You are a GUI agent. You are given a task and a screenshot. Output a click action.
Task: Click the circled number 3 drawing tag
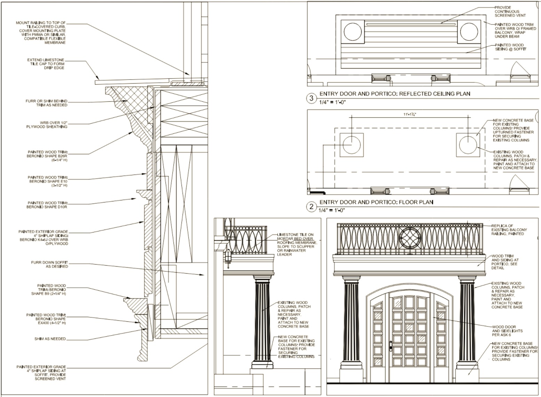pyautogui.click(x=311, y=98)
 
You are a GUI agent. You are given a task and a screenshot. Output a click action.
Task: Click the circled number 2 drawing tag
pyautogui.click(x=311, y=207)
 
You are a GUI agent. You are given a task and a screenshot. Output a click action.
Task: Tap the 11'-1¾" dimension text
pyautogui.click(x=410, y=114)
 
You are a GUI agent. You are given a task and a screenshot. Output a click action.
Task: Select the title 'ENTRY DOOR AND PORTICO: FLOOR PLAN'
pyautogui.click(x=376, y=202)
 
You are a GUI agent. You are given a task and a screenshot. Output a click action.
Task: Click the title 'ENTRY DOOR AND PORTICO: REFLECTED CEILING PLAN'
pyautogui.click(x=395, y=94)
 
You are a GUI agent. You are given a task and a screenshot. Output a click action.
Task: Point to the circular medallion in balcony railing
pyautogui.click(x=410, y=238)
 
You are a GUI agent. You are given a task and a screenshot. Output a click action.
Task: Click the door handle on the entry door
pyautogui.click(x=391, y=346)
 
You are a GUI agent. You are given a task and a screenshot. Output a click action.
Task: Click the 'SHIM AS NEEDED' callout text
pyautogui.click(x=50, y=339)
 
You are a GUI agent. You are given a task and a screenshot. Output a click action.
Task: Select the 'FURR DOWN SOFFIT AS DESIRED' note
pyautogui.click(x=49, y=265)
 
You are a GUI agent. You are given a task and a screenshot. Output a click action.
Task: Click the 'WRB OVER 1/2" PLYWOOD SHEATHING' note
pyautogui.click(x=47, y=125)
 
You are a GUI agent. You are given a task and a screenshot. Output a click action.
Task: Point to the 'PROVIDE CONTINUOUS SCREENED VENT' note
pyautogui.click(x=510, y=12)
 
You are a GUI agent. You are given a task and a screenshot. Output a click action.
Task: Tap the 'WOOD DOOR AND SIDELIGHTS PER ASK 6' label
pyautogui.click(x=507, y=331)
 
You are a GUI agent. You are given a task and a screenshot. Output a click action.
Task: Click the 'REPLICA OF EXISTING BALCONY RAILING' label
pyautogui.click(x=509, y=230)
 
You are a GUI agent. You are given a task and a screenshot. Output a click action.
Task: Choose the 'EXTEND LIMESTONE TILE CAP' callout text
pyautogui.click(x=46, y=64)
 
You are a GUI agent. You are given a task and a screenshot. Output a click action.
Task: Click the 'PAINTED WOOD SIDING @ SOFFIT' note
pyautogui.click(x=511, y=47)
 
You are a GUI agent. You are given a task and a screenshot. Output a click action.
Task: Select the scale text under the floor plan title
pyautogui.click(x=332, y=210)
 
